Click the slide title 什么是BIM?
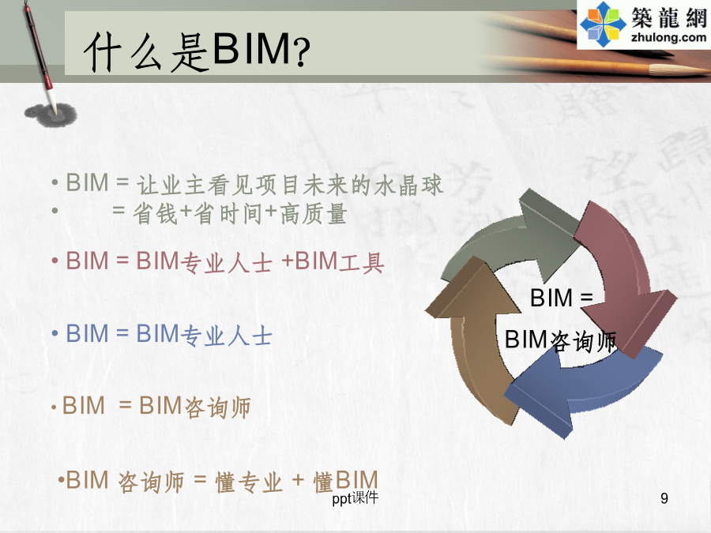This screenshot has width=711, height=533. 197,51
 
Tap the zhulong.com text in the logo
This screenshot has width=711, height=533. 668,37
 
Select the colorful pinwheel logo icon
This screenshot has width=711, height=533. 603,24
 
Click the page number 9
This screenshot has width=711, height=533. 664,498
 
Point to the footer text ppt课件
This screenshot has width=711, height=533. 355,498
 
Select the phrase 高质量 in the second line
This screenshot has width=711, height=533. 314,213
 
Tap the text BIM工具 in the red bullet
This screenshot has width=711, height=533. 339,262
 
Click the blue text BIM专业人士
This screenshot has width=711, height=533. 204,335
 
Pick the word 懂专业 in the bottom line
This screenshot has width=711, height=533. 249,482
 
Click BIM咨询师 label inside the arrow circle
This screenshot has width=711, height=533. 560,340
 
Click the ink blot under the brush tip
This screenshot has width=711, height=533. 51,114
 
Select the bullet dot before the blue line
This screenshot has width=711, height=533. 55,334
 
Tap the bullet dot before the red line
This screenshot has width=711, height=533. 55,261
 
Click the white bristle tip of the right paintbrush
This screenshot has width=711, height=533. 678,70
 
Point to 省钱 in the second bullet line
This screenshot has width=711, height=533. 155,213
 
